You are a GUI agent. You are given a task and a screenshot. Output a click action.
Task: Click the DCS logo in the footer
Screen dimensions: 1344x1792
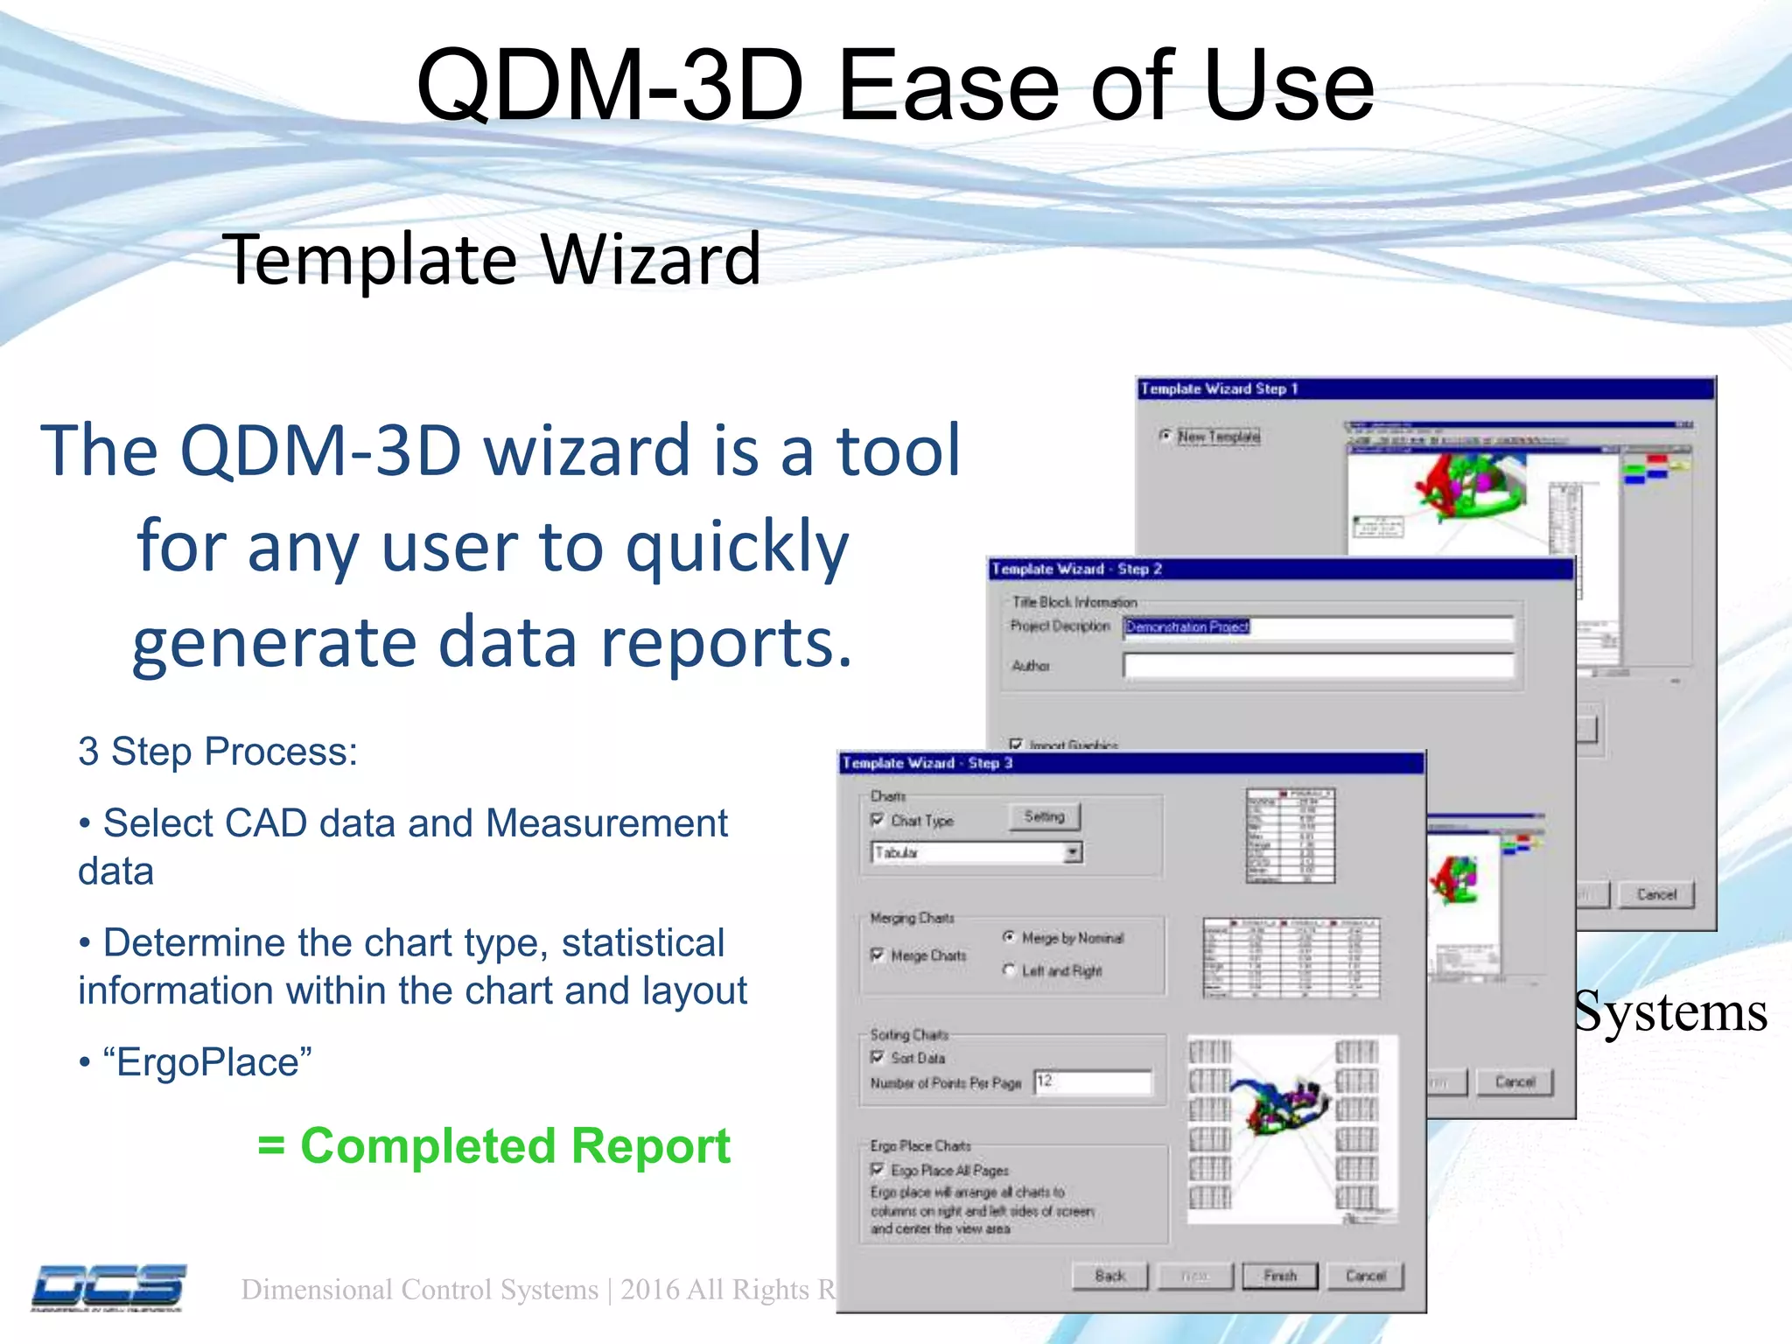point(108,1287)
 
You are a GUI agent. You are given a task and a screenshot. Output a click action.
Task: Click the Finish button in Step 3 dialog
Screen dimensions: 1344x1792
point(1279,1277)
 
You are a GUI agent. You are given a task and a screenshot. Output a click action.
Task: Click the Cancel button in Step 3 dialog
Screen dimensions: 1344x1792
point(1365,1277)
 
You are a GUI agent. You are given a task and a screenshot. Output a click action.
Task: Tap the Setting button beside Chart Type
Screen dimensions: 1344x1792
point(1044,817)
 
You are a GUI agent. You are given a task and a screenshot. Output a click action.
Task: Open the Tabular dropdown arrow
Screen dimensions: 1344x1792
point(1073,852)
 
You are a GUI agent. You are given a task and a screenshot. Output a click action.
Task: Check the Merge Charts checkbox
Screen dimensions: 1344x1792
point(878,955)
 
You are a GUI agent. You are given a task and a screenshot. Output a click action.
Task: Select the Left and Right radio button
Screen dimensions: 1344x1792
point(1009,970)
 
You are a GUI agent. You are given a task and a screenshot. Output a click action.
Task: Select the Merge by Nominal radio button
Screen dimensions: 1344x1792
point(1009,937)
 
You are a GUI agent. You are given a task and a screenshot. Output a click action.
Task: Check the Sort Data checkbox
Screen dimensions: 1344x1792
point(878,1057)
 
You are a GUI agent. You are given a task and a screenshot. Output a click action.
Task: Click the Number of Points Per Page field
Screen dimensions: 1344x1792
point(1092,1082)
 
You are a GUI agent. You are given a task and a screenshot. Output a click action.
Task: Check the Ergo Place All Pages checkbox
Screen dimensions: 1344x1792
point(878,1170)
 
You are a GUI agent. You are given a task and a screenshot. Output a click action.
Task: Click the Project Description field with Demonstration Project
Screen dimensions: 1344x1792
point(1317,627)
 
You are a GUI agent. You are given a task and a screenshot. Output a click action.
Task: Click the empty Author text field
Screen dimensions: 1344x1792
point(1317,666)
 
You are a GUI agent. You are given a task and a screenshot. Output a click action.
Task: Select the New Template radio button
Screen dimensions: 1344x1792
point(1165,436)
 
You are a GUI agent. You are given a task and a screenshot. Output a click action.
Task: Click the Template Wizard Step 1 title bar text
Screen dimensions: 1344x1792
point(1219,389)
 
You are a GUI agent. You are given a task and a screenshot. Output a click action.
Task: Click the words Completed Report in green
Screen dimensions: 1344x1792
point(514,1146)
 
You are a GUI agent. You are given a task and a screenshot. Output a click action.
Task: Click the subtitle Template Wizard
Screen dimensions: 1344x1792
point(491,260)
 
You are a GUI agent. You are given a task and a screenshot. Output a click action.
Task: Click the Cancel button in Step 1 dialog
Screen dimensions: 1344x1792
point(1655,894)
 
